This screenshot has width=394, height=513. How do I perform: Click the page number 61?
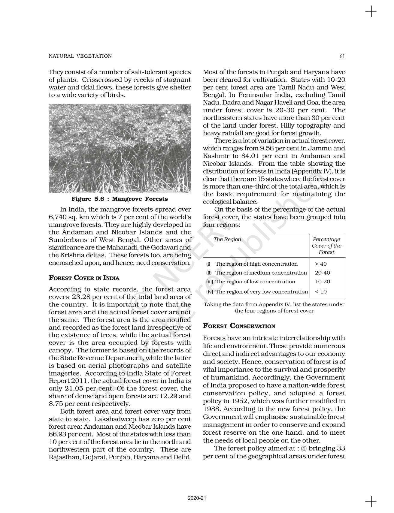coord(342,56)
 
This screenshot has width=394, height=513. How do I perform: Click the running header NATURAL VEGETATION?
coord(80,56)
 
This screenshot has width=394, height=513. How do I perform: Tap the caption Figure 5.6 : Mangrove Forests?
coord(120,199)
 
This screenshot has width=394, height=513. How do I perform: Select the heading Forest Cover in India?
coord(84,278)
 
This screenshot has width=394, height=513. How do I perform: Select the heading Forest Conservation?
coord(239,326)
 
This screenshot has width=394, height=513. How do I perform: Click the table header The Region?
coord(227,240)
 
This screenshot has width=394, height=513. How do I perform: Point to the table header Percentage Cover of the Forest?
coord(327,246)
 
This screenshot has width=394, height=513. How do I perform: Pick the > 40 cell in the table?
coord(321,264)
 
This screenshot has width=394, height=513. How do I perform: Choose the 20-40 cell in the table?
coord(322,273)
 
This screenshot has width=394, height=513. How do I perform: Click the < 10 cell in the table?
coord(321,291)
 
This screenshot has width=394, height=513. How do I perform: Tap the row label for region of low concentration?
coord(255,282)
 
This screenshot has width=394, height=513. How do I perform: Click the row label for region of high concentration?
coord(256,264)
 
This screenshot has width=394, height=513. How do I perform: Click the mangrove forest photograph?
coord(120,149)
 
